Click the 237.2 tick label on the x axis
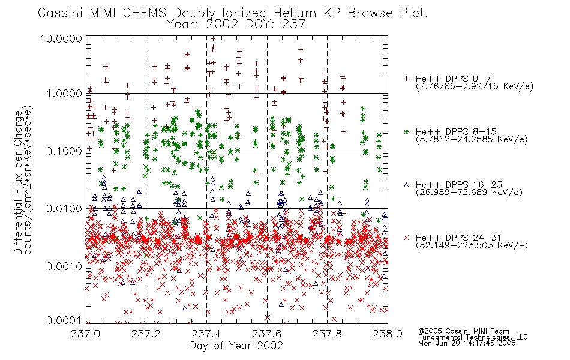coord(146,334)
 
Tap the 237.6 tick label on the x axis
coord(266,334)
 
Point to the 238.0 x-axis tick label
coord(388,334)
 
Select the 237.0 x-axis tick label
coord(85,334)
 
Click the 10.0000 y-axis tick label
coord(61,38)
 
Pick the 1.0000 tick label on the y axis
coord(64,94)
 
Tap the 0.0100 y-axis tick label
coord(64,209)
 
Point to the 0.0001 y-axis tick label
coord(64,320)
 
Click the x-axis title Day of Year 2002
coord(236,346)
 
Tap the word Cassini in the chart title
coord(61,13)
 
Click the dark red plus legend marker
coord(406,79)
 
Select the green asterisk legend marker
coord(406,131)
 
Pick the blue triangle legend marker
coord(406,185)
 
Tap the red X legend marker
coord(406,238)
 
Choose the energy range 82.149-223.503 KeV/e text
coord(472,245)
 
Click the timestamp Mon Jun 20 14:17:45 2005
coord(467,343)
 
